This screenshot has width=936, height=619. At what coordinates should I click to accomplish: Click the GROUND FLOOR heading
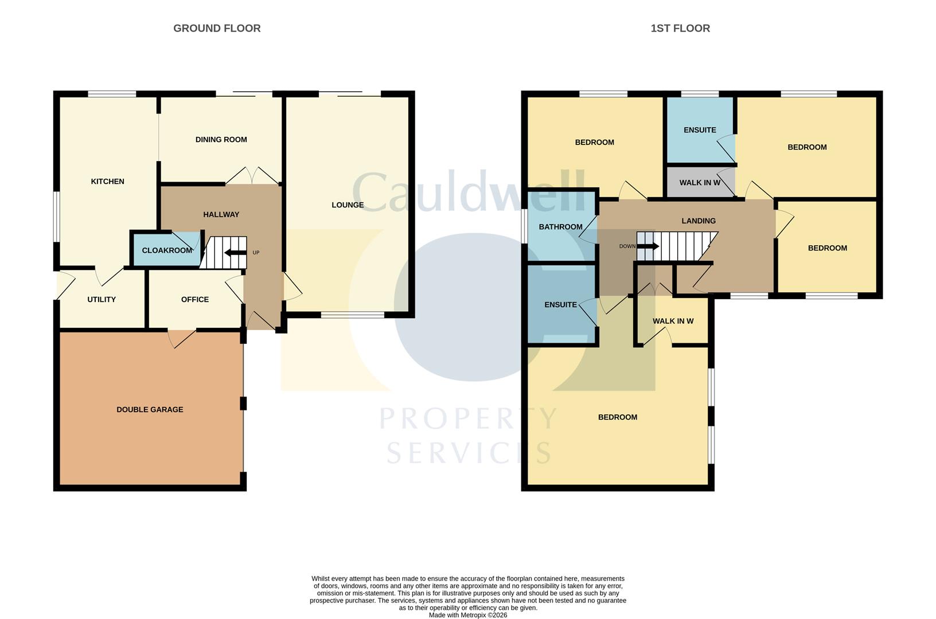click(x=217, y=28)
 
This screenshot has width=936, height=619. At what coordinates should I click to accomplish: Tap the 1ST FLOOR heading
click(x=680, y=28)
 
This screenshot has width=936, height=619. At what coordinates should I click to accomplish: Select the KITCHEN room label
click(x=107, y=182)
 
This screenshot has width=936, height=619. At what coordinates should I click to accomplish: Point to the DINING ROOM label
click(x=221, y=140)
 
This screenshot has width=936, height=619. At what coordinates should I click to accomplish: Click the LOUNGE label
click(x=347, y=205)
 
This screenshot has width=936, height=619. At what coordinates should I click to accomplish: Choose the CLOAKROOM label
click(x=167, y=250)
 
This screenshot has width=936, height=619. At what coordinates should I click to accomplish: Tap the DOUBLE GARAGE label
click(x=150, y=410)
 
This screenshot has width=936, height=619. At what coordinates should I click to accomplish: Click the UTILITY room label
click(x=102, y=300)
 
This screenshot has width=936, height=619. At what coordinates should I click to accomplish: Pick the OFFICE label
click(x=194, y=300)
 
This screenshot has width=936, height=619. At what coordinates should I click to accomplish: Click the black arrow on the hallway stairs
click(x=235, y=253)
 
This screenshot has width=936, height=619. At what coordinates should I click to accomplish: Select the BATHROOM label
click(x=560, y=227)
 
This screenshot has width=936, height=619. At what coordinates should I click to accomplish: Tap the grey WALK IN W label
click(x=700, y=183)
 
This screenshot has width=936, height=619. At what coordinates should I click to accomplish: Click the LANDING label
click(x=698, y=221)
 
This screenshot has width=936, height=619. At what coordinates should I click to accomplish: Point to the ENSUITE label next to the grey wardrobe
click(x=700, y=130)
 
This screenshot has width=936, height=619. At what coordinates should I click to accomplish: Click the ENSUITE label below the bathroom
click(x=560, y=305)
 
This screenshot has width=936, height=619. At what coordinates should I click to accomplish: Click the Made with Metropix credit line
click(x=468, y=615)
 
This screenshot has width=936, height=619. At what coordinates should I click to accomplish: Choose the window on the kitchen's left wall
click(x=56, y=216)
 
